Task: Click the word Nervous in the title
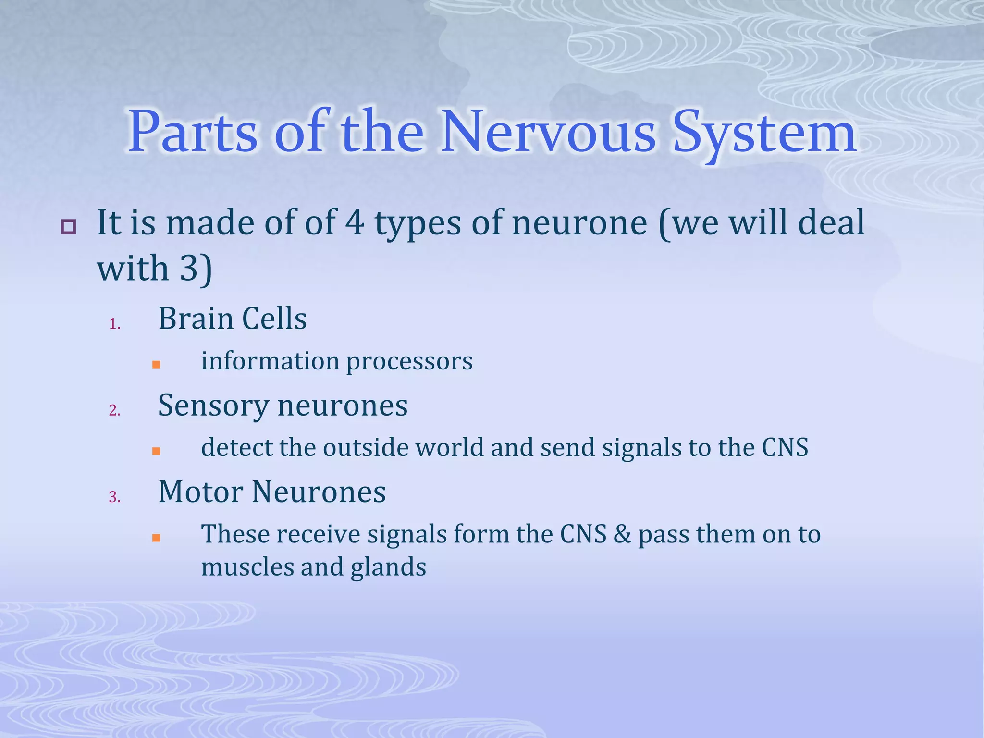click(x=548, y=132)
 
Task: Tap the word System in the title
click(x=764, y=133)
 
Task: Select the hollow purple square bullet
click(x=68, y=227)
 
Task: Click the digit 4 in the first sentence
click(x=355, y=222)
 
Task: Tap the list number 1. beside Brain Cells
click(x=114, y=324)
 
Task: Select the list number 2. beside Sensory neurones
click(x=114, y=410)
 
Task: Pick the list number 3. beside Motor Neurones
click(x=114, y=497)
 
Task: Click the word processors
click(x=409, y=361)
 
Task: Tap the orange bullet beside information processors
click(x=156, y=365)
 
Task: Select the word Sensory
click(x=213, y=406)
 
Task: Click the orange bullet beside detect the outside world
click(x=156, y=451)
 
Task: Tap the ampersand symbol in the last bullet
click(x=622, y=534)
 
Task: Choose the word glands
click(x=388, y=567)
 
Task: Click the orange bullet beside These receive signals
click(x=156, y=538)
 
